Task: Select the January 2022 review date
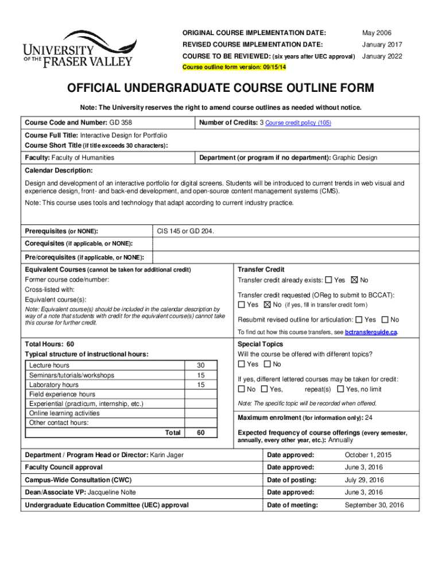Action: (x=382, y=56)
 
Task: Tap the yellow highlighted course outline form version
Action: (x=234, y=67)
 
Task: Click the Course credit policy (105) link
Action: (x=298, y=123)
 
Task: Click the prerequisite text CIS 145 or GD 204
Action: (x=185, y=231)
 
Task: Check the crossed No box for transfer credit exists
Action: (x=354, y=280)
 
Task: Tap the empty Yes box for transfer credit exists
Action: (x=328, y=280)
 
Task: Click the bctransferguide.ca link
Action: (x=371, y=332)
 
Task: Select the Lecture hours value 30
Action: (x=200, y=366)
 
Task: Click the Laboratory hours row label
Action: (x=54, y=385)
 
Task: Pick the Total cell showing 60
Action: (x=200, y=432)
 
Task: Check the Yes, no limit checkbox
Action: (x=341, y=389)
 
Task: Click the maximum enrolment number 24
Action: (x=369, y=417)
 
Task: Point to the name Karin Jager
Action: (x=166, y=455)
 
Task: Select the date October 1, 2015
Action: (x=367, y=455)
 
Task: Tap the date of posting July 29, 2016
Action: (x=365, y=480)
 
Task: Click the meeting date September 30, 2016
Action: (x=374, y=505)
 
